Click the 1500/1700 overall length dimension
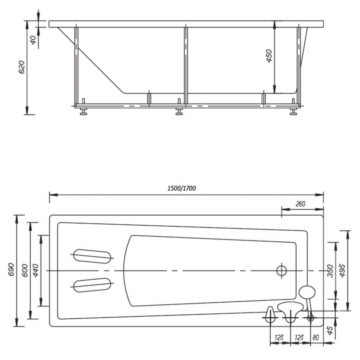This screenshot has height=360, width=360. pos(182,188)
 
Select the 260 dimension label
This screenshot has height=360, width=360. pos(300,204)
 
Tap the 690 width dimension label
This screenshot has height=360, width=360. pos(11,270)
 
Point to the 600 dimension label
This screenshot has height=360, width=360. pos(25,271)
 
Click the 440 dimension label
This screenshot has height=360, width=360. pos(36,271)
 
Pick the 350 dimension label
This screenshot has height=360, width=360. pos(330,271)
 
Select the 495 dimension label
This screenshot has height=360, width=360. pos(342,271)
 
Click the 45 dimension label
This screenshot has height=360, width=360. pos(330,330)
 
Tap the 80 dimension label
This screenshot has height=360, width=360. pos(316,337)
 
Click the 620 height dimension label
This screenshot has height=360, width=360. pos(22,67)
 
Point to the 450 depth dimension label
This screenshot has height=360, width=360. pos(269,56)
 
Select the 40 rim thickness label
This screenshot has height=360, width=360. pos(33,40)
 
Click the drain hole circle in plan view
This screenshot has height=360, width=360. pos(281,271)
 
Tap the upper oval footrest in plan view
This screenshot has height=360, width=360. pos(92,256)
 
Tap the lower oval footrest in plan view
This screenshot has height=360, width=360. pos(92,285)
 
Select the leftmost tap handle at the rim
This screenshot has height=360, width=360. pos(270,315)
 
